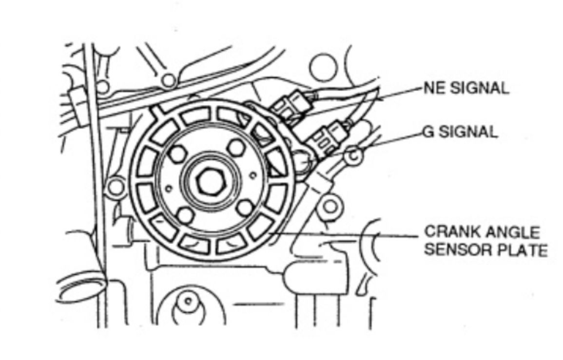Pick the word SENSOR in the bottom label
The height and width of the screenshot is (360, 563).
(x=455, y=249)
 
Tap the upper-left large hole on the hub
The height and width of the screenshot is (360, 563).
(x=178, y=154)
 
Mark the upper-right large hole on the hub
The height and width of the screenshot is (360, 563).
(x=236, y=147)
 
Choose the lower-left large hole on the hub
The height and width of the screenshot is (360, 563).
(x=185, y=215)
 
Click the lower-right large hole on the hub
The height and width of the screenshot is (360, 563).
(x=246, y=208)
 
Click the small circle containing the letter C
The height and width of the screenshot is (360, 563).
(x=354, y=156)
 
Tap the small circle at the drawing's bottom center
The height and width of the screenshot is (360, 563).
(x=188, y=301)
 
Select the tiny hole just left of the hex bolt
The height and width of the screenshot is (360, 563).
(x=168, y=188)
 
